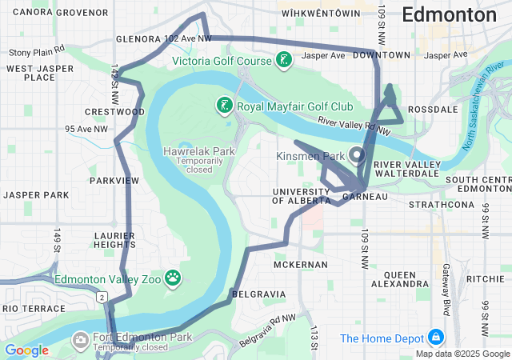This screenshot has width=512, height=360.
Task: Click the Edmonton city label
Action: pos(449,14)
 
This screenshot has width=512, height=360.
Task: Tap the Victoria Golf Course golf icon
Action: pos(283,60)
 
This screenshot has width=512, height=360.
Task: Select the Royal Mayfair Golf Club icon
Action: pos(225,105)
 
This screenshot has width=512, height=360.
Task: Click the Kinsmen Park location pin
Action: pos(355,154)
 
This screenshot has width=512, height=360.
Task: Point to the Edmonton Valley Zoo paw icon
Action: pos(173,278)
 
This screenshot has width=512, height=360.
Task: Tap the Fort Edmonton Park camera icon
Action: pos(81,341)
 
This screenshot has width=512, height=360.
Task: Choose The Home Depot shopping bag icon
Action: pos(436,338)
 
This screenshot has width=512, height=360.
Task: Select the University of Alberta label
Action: pos(300,195)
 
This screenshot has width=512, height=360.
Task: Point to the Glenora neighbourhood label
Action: pos(139,38)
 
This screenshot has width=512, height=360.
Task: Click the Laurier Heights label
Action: pos(113,239)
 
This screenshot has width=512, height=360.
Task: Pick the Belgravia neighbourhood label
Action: pos(258,294)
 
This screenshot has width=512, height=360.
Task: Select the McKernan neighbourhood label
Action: pos(300,264)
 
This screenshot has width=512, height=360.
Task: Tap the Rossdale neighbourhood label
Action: pos(433,109)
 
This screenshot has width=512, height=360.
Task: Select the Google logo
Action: pos(26,350)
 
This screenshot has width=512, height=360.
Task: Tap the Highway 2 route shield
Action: pos(102,297)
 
